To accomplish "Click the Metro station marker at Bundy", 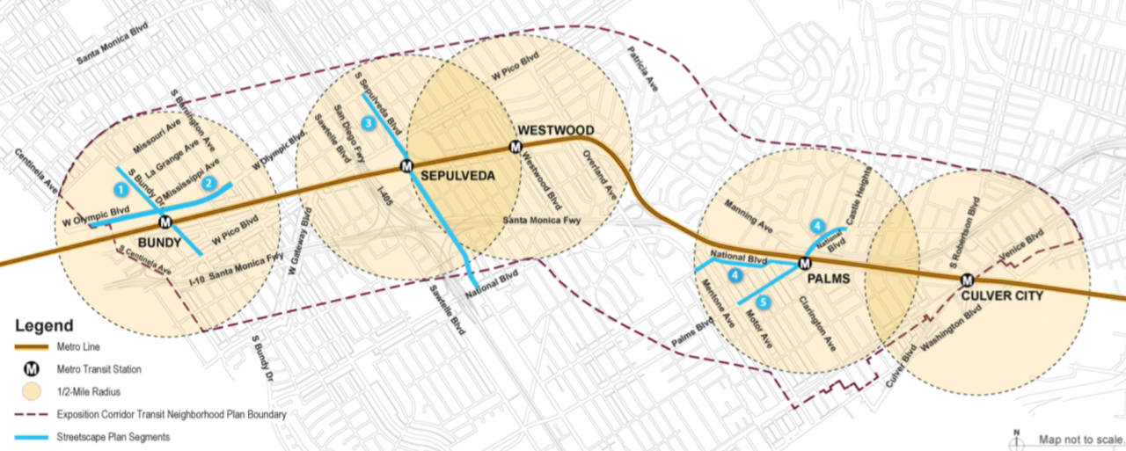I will [x=165, y=222].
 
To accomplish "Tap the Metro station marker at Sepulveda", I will [x=406, y=165].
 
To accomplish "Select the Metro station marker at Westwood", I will [x=515, y=147].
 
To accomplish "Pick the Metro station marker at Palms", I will [x=804, y=263].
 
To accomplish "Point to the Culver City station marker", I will [x=967, y=280].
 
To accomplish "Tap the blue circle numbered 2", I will [x=208, y=184].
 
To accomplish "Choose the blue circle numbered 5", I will [x=763, y=303].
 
